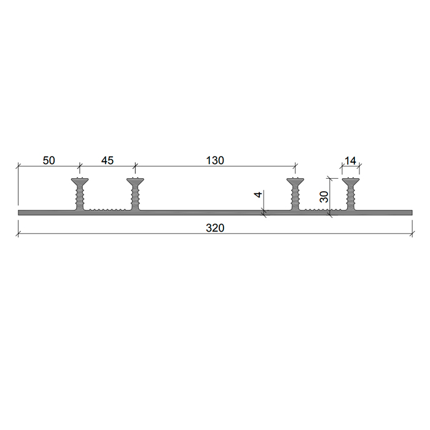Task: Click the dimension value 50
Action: point(49,160)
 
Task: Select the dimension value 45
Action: point(107,160)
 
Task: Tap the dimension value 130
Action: point(215,160)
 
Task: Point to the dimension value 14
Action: point(351,161)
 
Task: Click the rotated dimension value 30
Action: point(324,197)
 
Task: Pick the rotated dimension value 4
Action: point(259,195)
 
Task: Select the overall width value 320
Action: point(215,228)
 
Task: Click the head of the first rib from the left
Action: point(80,181)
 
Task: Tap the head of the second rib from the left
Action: point(135,181)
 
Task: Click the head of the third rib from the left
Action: point(295,181)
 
